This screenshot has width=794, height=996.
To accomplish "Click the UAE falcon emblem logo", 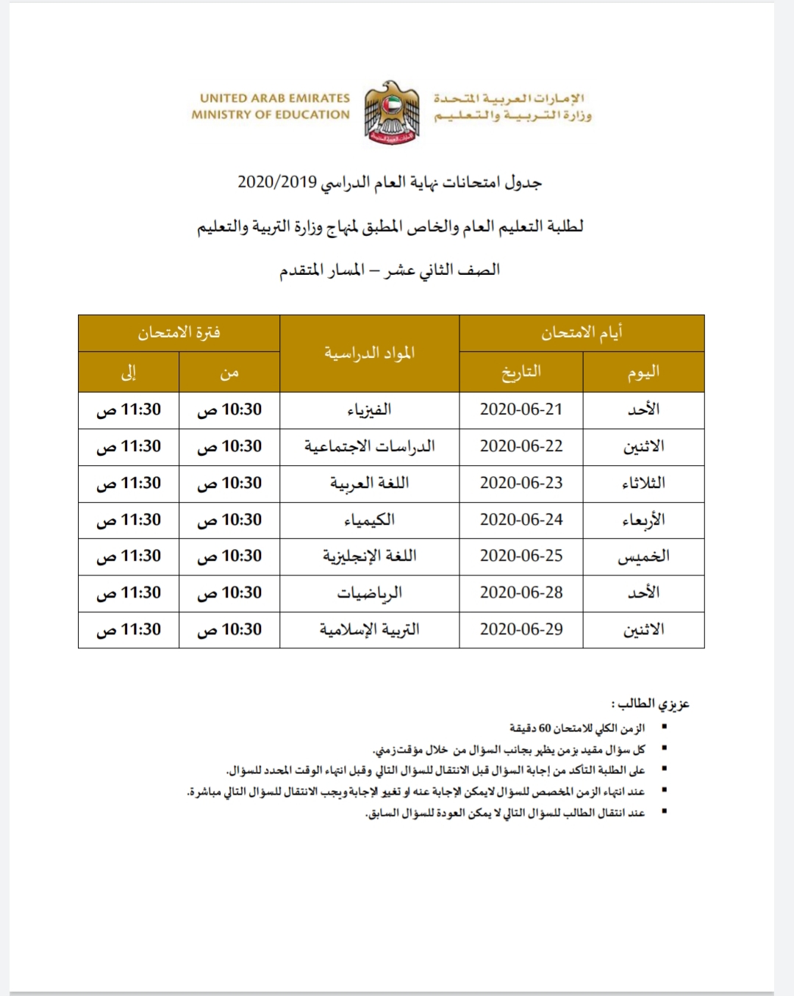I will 392,112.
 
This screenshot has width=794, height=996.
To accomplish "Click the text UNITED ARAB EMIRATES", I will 274,98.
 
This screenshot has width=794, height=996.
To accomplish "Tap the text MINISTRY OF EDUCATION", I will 271,115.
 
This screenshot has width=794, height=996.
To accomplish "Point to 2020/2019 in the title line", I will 277,182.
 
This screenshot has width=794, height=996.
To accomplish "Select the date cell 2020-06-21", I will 521,410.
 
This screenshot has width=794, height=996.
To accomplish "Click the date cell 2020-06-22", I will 521,446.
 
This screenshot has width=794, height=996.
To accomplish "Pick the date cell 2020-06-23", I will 521,483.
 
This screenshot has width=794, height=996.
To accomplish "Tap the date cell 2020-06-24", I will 521,520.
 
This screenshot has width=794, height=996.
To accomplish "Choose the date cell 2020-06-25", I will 521,556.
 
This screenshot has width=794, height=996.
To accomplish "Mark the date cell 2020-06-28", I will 521,592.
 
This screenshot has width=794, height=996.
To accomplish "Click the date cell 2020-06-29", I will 521,629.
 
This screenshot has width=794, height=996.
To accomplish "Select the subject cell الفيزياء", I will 369,410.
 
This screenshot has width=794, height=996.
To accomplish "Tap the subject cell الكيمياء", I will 369,520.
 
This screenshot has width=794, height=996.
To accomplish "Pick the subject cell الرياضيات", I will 369,593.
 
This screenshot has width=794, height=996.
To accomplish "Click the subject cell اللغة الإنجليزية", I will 369,556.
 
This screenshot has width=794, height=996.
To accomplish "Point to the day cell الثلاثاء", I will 643,483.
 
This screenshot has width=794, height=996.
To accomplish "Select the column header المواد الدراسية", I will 369,354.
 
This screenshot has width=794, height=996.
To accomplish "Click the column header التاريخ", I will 521,372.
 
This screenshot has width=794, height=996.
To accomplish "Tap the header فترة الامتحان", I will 179,333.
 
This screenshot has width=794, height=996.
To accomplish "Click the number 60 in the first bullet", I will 545,728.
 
